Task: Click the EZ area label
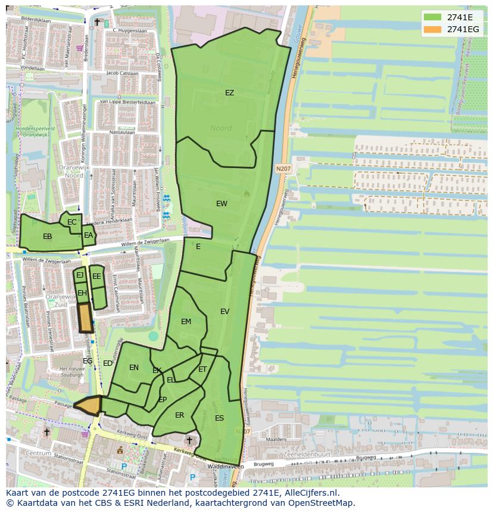click(229, 93)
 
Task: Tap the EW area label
click(221, 204)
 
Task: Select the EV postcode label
click(224, 312)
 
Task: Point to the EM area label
click(186, 322)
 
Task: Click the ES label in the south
click(219, 418)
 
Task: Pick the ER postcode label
click(179, 415)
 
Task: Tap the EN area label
click(134, 368)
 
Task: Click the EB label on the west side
click(48, 237)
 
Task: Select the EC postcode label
click(72, 222)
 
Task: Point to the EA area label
click(88, 235)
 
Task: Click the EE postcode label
click(96, 276)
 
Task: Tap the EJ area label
click(80, 275)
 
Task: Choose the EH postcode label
click(82, 293)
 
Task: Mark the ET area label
click(202, 370)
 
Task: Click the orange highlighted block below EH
click(85, 318)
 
